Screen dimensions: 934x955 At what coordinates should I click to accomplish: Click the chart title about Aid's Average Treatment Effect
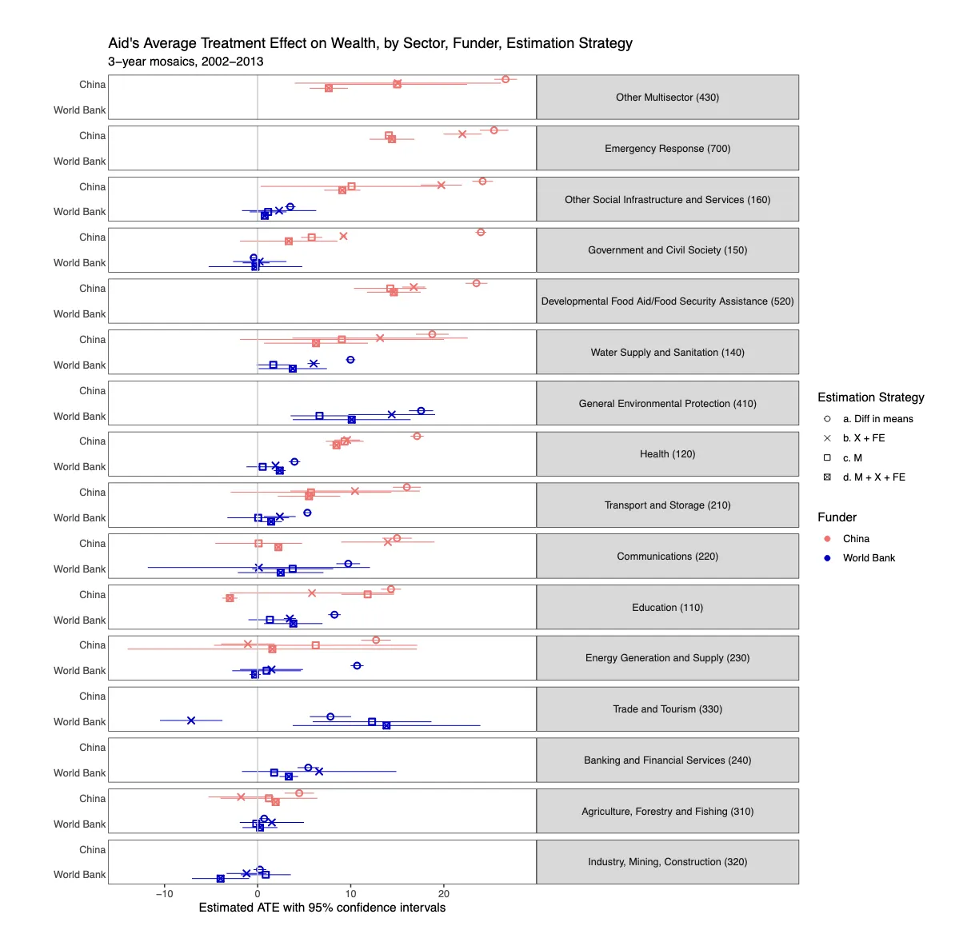tap(370, 43)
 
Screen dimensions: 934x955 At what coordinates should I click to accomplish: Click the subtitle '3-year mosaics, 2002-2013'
tap(186, 62)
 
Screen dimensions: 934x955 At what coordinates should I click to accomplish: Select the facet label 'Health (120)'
tap(667, 454)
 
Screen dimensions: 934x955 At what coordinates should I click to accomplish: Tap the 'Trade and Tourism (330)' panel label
tap(667, 709)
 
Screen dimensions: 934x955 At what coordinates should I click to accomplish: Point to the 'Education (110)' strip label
tap(667, 608)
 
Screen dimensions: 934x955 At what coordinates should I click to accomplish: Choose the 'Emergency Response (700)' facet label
tap(667, 149)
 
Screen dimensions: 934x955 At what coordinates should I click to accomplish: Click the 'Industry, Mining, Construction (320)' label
tap(667, 862)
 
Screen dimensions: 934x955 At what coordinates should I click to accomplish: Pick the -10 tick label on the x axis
tap(164, 894)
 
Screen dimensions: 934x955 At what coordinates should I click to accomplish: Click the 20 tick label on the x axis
tap(444, 894)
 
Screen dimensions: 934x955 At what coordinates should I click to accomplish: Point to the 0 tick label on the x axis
tap(258, 894)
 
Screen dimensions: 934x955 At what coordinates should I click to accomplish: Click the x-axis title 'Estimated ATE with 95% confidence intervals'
tap(322, 908)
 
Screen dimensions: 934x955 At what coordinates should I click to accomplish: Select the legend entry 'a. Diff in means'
tap(877, 419)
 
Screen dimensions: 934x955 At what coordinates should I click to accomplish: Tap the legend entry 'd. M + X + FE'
tap(873, 477)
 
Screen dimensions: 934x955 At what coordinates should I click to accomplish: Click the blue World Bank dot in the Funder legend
tap(827, 558)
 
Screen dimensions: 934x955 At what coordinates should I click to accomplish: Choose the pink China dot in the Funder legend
tap(827, 539)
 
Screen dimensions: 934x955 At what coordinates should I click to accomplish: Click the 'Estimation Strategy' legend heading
tap(870, 397)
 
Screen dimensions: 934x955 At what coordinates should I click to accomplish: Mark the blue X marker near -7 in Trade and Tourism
tap(191, 720)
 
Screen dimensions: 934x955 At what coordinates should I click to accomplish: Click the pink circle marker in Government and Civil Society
tap(481, 233)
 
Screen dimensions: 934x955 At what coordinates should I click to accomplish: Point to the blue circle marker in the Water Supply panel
tap(350, 360)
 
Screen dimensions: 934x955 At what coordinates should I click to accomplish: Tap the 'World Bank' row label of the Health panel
tap(79, 467)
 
